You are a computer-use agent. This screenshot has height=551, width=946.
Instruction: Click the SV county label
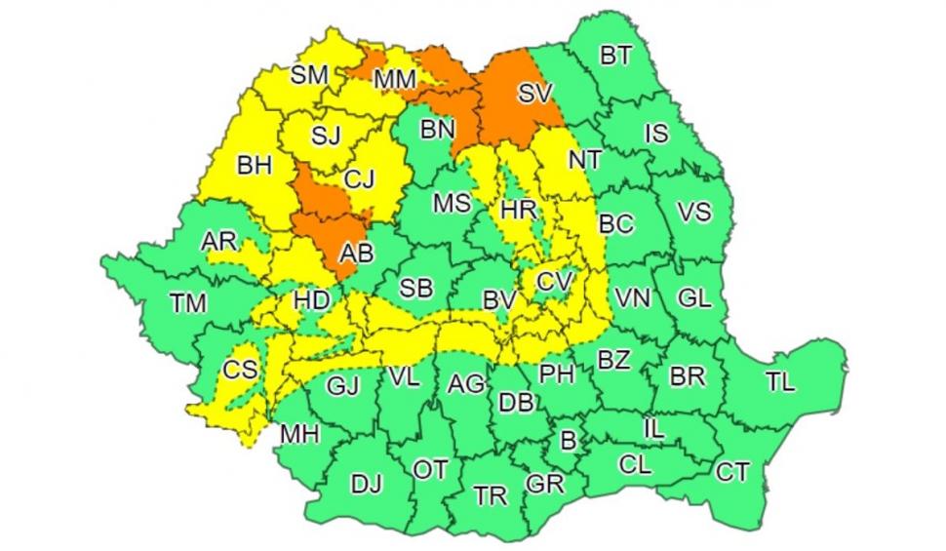[534, 95]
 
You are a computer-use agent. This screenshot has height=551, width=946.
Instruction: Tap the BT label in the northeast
[614, 57]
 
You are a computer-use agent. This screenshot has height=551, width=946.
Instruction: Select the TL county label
[780, 383]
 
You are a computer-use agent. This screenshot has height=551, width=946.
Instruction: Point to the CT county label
[732, 473]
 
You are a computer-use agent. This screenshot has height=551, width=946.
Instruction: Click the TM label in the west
[187, 304]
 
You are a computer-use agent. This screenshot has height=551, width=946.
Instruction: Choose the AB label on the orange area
[355, 254]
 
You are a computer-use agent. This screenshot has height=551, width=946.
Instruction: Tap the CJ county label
[360, 179]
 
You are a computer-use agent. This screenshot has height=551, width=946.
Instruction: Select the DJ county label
[367, 484]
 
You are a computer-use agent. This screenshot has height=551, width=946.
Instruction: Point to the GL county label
[693, 299]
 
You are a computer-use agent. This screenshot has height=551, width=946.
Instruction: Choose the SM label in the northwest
[310, 74]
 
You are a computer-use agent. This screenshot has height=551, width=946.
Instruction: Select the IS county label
[657, 134]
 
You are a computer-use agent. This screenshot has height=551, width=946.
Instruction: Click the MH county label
[298, 434]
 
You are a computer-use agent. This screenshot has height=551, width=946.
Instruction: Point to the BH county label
[255, 166]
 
